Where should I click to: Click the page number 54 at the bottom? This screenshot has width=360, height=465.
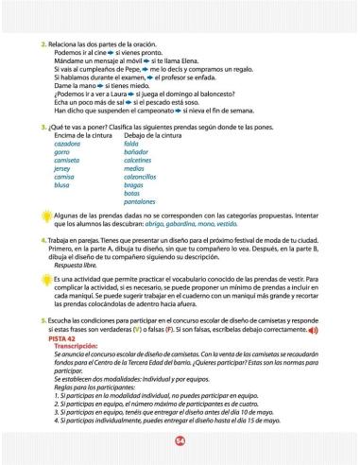180,440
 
